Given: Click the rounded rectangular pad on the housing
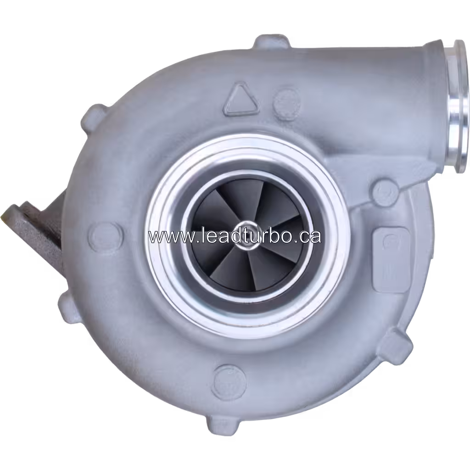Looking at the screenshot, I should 391,259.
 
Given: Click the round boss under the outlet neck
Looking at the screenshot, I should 384,192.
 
